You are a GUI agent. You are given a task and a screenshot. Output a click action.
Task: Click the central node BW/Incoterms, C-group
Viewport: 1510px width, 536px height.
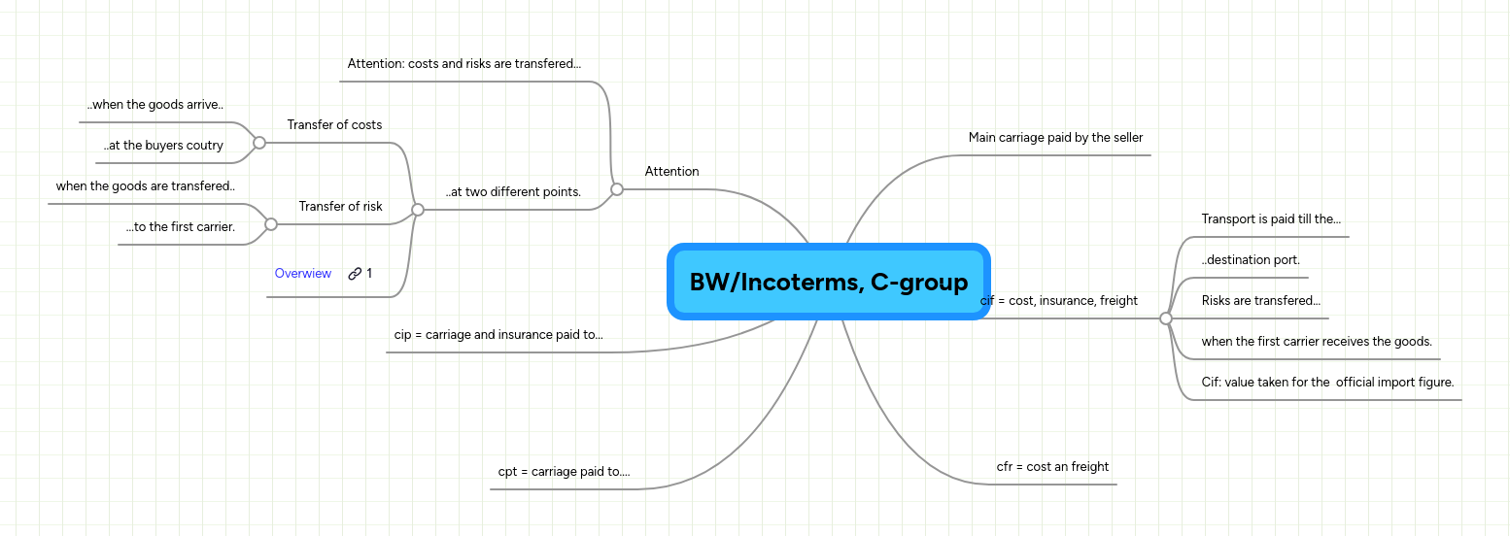(828, 282)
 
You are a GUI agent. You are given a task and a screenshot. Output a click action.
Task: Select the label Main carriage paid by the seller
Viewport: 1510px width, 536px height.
(1055, 138)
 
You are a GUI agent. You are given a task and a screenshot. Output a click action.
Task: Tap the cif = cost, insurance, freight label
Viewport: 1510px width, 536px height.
(1059, 301)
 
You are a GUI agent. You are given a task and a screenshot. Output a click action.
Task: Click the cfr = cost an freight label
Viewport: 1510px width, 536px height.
(1052, 467)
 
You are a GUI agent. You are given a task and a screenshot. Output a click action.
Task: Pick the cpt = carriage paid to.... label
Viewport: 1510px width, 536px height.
(564, 472)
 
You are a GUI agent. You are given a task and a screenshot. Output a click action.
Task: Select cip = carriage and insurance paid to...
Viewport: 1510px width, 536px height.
(498, 335)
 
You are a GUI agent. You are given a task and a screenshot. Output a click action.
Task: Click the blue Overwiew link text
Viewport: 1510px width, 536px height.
(303, 274)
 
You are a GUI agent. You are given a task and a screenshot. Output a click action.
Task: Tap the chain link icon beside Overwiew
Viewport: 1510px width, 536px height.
(355, 274)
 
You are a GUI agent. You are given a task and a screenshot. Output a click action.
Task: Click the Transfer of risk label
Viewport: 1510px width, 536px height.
(340, 207)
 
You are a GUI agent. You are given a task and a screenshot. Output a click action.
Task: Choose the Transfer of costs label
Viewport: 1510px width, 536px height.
(334, 125)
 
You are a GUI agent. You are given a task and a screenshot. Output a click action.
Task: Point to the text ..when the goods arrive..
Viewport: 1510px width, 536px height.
(155, 105)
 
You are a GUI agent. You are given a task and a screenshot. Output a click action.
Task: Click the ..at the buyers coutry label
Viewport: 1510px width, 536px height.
(163, 146)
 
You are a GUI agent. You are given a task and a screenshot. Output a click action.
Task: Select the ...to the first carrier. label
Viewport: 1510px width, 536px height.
(180, 227)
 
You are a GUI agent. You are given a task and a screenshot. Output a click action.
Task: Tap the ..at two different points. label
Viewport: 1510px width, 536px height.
(513, 192)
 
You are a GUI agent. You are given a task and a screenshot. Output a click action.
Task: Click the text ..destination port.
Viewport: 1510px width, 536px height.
(1251, 260)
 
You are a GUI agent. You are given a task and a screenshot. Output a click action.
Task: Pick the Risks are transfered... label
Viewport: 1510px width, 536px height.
(1260, 301)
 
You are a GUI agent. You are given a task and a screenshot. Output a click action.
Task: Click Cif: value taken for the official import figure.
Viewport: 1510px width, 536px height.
(1327, 383)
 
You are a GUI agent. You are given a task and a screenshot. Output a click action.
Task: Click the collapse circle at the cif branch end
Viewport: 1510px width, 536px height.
(1166, 318)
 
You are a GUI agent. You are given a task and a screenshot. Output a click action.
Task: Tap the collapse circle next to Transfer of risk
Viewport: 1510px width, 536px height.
(271, 224)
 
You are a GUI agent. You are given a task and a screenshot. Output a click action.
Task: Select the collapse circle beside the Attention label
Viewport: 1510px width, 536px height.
(617, 189)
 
